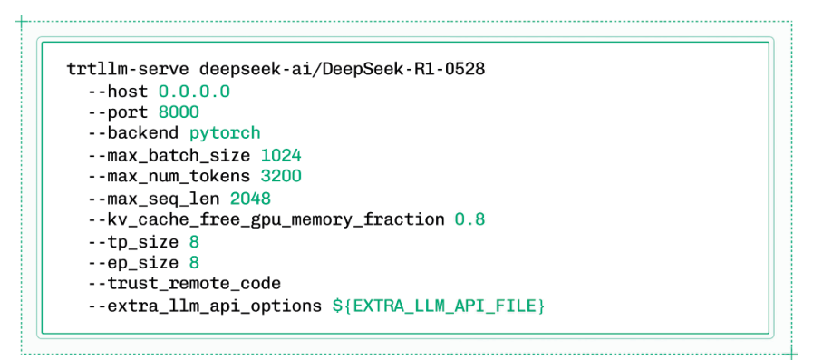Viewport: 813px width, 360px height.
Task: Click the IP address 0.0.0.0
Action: [194, 92]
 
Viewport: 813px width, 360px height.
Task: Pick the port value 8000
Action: [179, 112]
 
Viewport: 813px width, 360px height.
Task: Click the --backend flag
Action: [134, 133]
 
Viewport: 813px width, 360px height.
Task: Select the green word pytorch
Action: [225, 133]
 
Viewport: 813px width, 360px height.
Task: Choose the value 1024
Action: [280, 155]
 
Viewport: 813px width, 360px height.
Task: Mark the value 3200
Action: [280, 176]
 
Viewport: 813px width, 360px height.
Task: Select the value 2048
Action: [250, 198]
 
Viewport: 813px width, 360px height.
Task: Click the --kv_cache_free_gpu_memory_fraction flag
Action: [266, 219]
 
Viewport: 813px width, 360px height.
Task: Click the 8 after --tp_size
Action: [194, 240]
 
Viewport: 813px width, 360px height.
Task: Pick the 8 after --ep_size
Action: [194, 262]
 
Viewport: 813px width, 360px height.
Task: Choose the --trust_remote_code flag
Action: [184, 283]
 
